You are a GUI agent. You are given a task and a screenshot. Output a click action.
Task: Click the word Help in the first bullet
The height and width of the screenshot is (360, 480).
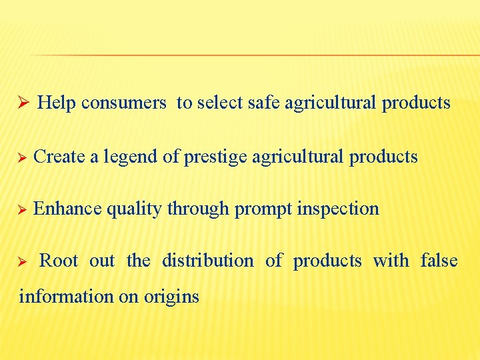pyautogui.click(x=57, y=103)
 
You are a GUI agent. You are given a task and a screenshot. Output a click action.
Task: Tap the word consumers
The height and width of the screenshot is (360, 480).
pyautogui.click(x=123, y=103)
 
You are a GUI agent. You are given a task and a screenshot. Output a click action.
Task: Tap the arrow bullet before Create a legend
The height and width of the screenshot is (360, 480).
pyautogui.click(x=21, y=157)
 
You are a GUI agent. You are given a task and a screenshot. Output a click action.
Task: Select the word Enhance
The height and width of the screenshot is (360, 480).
pyautogui.click(x=67, y=209)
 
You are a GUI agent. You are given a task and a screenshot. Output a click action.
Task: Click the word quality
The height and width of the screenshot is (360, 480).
pyautogui.click(x=134, y=209)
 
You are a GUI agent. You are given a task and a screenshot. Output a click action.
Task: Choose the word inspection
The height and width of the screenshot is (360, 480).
pyautogui.click(x=338, y=209)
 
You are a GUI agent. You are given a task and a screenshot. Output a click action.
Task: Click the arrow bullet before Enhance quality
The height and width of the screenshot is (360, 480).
pyautogui.click(x=21, y=209)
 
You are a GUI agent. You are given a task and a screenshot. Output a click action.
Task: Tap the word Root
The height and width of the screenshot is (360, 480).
pyautogui.click(x=59, y=261)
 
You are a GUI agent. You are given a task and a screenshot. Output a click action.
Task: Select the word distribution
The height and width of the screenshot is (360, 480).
pyautogui.click(x=207, y=261)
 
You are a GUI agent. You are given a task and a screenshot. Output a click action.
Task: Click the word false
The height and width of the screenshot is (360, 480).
pyautogui.click(x=439, y=261)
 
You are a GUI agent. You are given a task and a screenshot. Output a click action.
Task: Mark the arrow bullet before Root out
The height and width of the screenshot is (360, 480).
pyautogui.click(x=21, y=261)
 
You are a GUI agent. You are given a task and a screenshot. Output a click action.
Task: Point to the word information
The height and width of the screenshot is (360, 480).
pyautogui.click(x=66, y=296)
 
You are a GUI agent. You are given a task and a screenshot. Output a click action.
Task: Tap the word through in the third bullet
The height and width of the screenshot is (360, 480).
pyautogui.click(x=198, y=209)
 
